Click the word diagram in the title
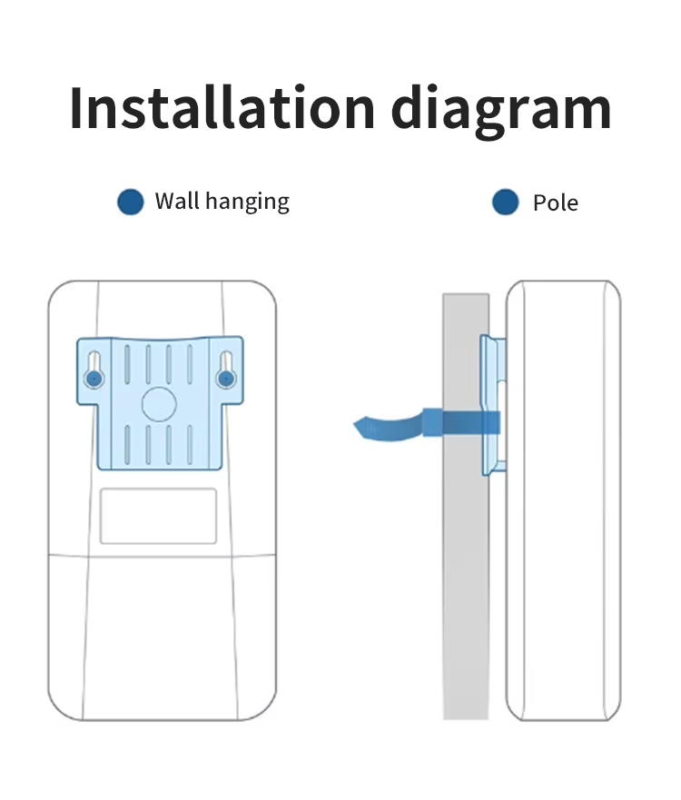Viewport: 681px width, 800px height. tap(501, 111)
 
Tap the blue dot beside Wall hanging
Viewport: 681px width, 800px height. tap(131, 202)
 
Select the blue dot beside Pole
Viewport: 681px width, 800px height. tap(506, 202)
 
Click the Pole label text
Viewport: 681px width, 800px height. tap(556, 203)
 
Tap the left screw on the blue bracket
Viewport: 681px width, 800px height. tap(94, 379)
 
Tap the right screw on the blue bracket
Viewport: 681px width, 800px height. tap(225, 379)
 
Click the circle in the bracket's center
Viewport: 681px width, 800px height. tap(159, 404)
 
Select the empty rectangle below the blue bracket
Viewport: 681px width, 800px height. tap(158, 516)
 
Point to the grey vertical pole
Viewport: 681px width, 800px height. tap(465, 506)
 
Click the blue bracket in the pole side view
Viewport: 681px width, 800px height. tap(493, 406)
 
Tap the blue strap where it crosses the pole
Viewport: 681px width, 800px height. tap(465, 422)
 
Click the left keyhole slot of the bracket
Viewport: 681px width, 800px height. tap(94, 370)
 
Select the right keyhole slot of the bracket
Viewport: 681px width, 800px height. tap(225, 370)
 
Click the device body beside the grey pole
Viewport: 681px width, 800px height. tap(563, 500)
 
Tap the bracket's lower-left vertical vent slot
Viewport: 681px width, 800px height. tap(127, 445)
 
